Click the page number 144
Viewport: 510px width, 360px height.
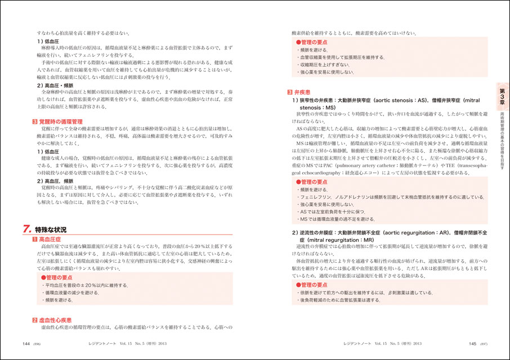click(x=26, y=343)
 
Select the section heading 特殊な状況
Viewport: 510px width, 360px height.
click(x=51, y=229)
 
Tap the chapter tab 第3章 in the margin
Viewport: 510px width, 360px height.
click(x=502, y=92)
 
